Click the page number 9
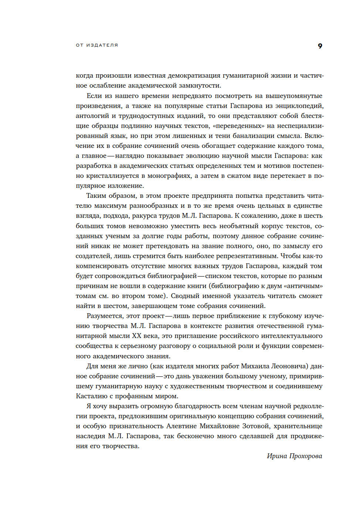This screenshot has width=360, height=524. coord(320,46)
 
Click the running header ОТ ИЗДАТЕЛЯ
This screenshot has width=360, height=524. coord(97,45)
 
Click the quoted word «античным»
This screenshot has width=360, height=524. coord(303,286)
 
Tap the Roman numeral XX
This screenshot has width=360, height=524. coord(136,336)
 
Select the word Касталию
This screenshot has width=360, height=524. coord(92,396)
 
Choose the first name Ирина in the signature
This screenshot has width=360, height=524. coord(277,456)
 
